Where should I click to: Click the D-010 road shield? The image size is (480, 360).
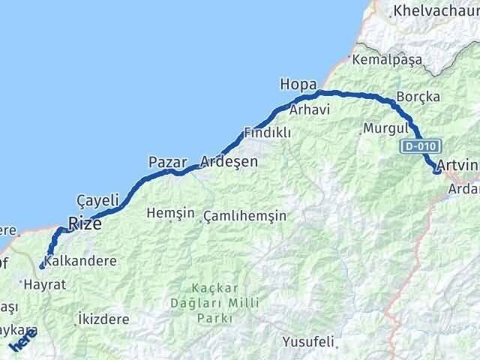pos(419,146)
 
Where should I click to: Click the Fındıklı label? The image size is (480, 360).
pos(267,133)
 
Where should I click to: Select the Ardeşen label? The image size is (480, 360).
pos(229,161)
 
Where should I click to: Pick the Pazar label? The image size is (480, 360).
pos(166,161)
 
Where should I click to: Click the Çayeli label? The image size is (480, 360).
pos(98,200)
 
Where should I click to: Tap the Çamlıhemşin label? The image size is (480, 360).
pos(244,216)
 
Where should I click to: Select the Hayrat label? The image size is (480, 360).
pos(45,285)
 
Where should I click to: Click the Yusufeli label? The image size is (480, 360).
pos(307,342)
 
